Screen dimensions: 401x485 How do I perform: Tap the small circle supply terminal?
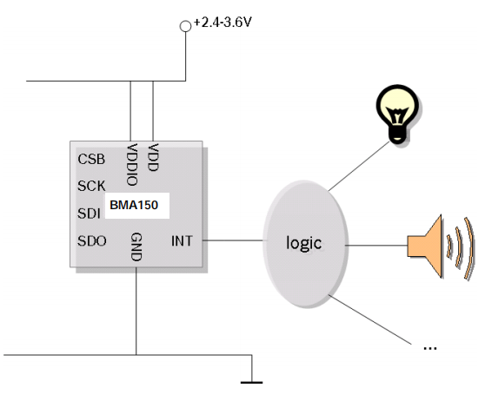click(184, 26)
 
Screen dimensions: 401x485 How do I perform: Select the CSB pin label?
click(91, 160)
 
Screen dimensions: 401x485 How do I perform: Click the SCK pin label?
click(91, 186)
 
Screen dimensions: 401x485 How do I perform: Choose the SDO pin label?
click(92, 240)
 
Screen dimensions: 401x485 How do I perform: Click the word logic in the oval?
click(304, 242)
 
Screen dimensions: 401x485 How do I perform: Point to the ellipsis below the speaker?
click(428, 346)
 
